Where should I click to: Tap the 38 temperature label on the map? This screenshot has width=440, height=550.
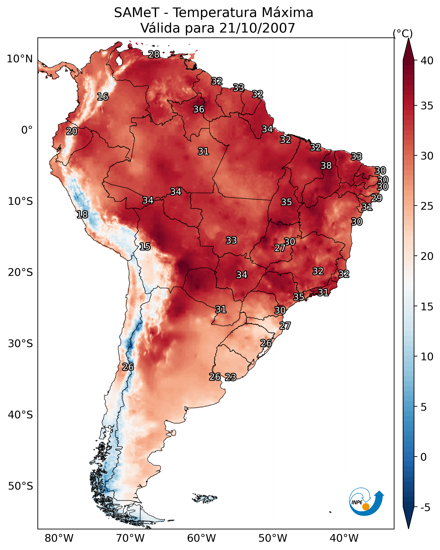(x=326, y=165)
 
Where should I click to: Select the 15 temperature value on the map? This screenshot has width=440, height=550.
(x=145, y=247)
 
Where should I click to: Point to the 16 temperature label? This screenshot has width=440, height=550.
(x=103, y=97)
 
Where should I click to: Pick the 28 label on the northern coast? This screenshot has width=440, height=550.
(x=154, y=54)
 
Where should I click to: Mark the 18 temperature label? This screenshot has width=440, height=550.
(x=82, y=215)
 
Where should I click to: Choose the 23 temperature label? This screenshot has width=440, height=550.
(x=231, y=377)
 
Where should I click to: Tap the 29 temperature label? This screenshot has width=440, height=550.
(x=376, y=198)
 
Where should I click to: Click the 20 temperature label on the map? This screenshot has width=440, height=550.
(x=72, y=131)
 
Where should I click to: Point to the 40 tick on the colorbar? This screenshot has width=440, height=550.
(x=427, y=61)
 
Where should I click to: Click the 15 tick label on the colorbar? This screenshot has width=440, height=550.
(x=427, y=307)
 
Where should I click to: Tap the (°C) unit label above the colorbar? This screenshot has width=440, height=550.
(x=403, y=33)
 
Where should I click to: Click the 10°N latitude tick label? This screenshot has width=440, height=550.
(x=20, y=59)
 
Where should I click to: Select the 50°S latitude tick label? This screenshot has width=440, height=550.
(x=20, y=486)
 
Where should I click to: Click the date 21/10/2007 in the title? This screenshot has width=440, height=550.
(x=257, y=28)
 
